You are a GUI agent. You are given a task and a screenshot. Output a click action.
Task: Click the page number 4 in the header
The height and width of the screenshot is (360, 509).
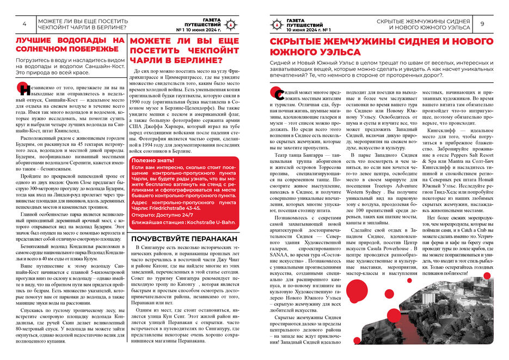pos(24,25)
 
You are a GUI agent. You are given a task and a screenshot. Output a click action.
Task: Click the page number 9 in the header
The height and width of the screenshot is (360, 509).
pos(482,24)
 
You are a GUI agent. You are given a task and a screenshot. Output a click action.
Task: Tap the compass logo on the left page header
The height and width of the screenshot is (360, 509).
pos(230,24)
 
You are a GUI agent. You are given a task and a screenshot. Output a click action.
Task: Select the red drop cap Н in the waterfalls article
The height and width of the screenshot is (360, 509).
pos(22,89)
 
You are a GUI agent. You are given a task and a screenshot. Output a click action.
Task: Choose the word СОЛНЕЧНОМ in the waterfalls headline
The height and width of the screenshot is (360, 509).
pos(49,50)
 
